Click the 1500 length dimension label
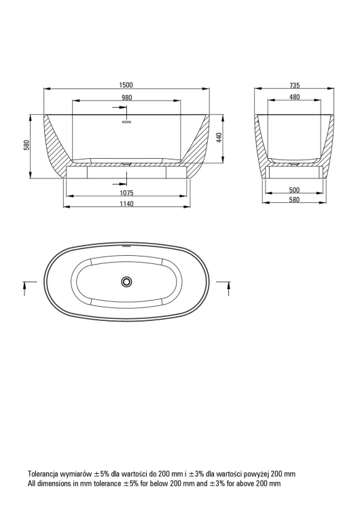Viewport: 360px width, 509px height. (126, 85)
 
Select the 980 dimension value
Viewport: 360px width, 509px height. (127, 98)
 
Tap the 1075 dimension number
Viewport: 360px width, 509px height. (127, 193)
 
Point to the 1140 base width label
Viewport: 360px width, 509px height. (127, 204)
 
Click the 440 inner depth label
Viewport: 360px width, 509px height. (219, 138)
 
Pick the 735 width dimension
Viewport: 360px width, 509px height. (294, 86)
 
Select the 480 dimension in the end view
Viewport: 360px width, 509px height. (294, 97)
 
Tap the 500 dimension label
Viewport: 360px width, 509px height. (294, 190)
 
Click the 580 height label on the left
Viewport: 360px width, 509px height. (26, 145)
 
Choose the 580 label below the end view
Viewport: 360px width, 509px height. (294, 200)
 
